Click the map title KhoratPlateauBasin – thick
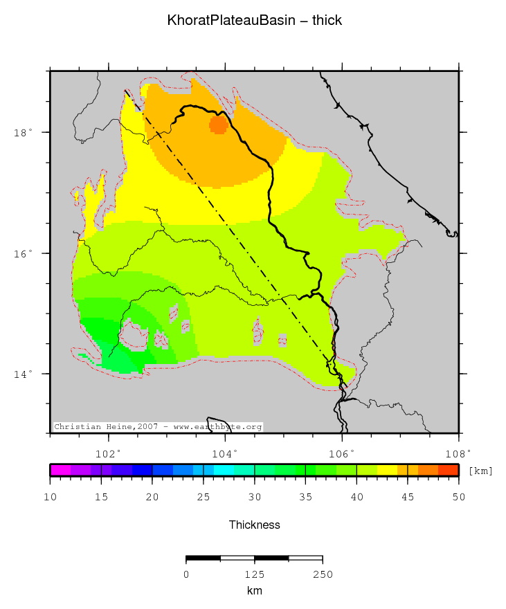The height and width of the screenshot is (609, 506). pyautogui.click(x=255, y=21)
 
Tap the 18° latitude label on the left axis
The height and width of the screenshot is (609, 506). pyautogui.click(x=24, y=132)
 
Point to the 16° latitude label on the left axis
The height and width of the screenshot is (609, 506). pyautogui.click(x=24, y=253)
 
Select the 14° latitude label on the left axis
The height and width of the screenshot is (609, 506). pyautogui.click(x=24, y=374)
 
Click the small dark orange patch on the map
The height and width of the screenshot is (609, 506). pyautogui.click(x=219, y=125)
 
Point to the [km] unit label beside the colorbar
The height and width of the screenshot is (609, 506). pyautogui.click(x=481, y=471)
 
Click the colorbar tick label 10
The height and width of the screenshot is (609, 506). pyautogui.click(x=51, y=497)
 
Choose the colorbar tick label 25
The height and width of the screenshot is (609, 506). pyautogui.click(x=204, y=497)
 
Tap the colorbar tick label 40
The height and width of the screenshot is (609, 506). pyautogui.click(x=356, y=497)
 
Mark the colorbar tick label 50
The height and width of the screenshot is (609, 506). pyautogui.click(x=458, y=497)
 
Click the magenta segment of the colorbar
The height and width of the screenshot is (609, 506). pyautogui.click(x=60, y=470)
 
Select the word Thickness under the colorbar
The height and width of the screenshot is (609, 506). pyautogui.click(x=255, y=525)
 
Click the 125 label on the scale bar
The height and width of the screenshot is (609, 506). pyautogui.click(x=254, y=574)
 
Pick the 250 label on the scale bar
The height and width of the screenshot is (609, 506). pyautogui.click(x=323, y=574)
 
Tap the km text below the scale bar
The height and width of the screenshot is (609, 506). pyautogui.click(x=254, y=591)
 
